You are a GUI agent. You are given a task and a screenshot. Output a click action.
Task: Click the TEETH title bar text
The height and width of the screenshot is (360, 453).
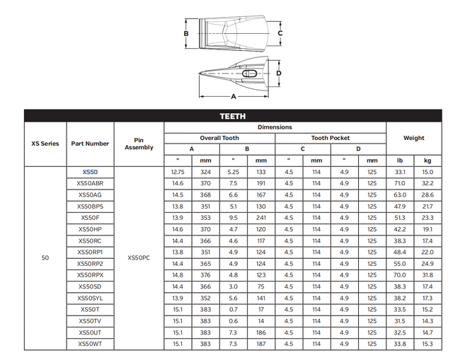(232, 117)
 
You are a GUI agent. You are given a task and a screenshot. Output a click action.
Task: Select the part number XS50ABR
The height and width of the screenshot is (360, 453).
(90, 183)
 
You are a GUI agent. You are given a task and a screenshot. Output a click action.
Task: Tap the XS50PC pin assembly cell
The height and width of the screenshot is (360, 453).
(139, 257)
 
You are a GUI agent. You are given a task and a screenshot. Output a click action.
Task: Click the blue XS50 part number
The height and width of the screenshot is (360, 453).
(90, 172)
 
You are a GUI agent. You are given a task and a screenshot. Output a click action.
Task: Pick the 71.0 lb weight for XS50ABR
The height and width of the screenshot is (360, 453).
(400, 183)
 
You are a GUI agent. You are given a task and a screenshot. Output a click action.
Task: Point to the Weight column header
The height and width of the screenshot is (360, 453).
(413, 138)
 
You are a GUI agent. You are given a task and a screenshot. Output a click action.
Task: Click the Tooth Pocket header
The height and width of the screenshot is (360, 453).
(331, 138)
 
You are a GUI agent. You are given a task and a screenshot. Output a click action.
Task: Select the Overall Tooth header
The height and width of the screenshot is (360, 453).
(219, 138)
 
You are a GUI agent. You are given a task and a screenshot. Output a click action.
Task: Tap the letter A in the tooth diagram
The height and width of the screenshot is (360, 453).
(233, 96)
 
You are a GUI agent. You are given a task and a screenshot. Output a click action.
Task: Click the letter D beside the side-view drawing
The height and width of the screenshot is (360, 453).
(280, 73)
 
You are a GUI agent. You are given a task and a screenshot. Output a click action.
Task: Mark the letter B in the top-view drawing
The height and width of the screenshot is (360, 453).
(185, 33)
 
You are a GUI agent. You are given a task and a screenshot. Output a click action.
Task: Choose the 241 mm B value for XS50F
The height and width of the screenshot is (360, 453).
(261, 217)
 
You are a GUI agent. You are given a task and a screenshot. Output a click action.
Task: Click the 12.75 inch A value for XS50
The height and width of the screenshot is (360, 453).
(178, 172)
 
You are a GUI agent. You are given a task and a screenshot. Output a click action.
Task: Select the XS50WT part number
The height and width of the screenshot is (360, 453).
(90, 344)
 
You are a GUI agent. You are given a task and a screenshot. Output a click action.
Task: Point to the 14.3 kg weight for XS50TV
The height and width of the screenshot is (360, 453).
(427, 320)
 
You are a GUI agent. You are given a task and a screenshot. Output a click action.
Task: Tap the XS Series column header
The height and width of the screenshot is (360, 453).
(45, 144)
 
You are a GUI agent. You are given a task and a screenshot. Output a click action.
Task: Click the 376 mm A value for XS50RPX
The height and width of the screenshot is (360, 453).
(205, 274)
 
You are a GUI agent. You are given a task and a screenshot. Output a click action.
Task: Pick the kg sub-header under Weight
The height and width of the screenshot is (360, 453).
(427, 161)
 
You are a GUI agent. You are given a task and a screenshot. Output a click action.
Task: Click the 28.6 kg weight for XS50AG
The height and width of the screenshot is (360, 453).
(427, 194)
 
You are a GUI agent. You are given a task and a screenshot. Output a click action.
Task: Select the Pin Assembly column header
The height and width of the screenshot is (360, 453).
(139, 144)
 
